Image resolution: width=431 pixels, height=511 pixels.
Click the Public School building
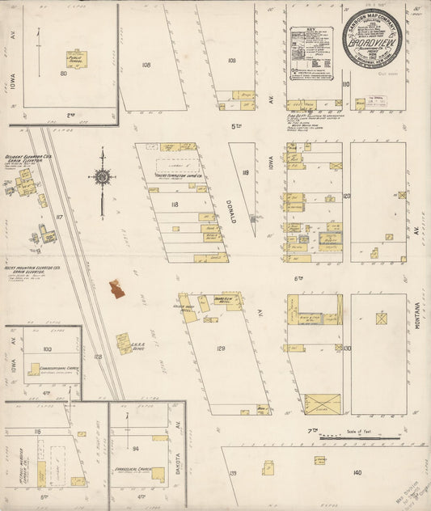click(77, 59)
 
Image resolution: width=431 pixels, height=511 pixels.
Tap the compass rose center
click(103, 177)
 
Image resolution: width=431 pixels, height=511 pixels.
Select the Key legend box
click(311, 54)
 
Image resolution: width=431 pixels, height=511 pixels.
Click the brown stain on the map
click(118, 289)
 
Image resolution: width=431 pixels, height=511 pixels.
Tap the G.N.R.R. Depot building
click(124, 343)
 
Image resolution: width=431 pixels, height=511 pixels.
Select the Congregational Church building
click(34, 370)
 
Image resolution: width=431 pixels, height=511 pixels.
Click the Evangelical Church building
click(158, 474)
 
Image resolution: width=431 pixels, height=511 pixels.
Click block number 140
click(357, 471)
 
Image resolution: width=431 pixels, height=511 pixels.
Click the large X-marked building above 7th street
click(322, 403)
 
